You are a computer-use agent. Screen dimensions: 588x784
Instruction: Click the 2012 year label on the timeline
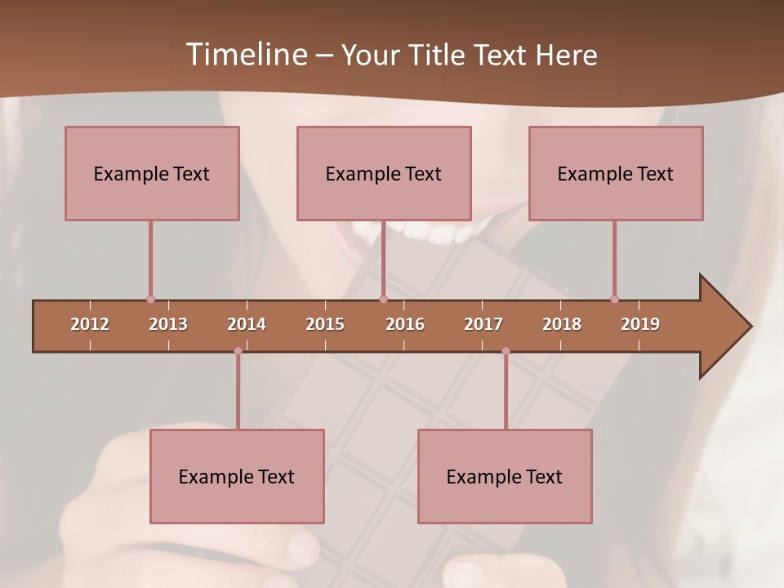tap(90, 324)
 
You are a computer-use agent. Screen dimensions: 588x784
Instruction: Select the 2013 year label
tap(168, 324)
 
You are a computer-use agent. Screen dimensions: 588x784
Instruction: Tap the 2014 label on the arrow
tap(247, 324)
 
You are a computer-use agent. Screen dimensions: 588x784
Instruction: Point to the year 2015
tap(325, 324)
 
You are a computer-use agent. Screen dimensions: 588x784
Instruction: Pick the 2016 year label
tap(405, 324)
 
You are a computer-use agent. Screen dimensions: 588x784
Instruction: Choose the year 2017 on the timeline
tap(483, 324)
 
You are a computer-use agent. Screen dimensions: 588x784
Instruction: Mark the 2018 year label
tap(562, 324)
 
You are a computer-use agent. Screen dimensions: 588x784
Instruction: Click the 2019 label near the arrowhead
tap(640, 324)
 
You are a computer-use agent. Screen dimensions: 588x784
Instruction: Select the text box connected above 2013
tap(152, 173)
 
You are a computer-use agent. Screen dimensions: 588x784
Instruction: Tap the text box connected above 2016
tap(384, 173)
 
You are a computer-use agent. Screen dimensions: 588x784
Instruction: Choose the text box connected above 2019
tap(616, 173)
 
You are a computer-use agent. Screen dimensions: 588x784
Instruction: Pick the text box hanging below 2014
tap(237, 476)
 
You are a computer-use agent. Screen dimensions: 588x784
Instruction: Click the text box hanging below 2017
tap(505, 476)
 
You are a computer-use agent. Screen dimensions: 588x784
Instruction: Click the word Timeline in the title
tap(245, 54)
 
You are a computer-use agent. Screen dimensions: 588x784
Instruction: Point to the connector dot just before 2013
tap(150, 299)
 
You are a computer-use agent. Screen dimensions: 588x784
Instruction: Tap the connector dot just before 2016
tap(383, 299)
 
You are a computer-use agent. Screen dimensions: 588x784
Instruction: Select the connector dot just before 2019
tap(614, 299)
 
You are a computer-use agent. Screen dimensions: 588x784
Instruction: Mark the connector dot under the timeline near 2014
tap(238, 351)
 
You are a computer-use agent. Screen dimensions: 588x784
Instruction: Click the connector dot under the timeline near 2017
tap(506, 351)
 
